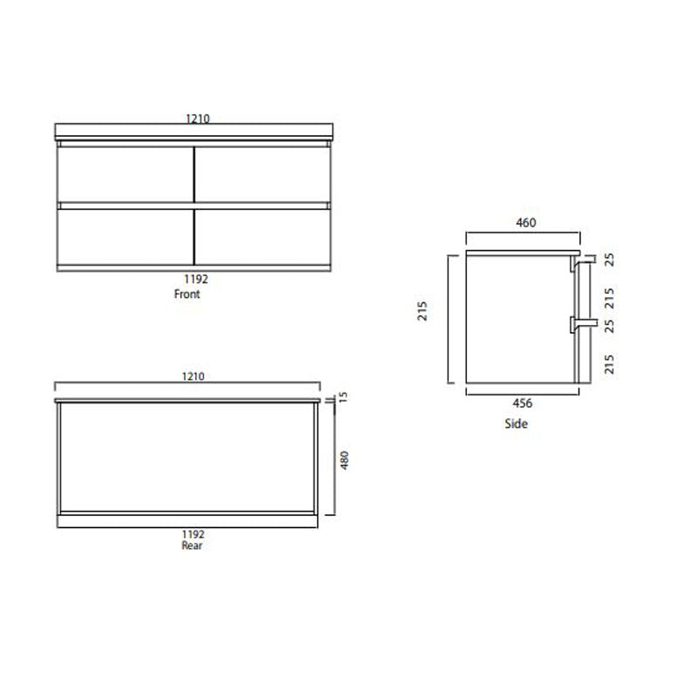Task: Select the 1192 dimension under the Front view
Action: (x=195, y=281)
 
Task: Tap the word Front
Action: (x=187, y=294)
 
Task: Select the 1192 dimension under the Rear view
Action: (x=193, y=534)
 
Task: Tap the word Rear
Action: (x=192, y=546)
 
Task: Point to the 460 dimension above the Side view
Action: (x=525, y=223)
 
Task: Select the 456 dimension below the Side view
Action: (x=522, y=403)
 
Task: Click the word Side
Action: (x=516, y=424)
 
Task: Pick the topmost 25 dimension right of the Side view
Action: (x=609, y=259)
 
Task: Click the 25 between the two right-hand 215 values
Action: (x=609, y=325)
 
